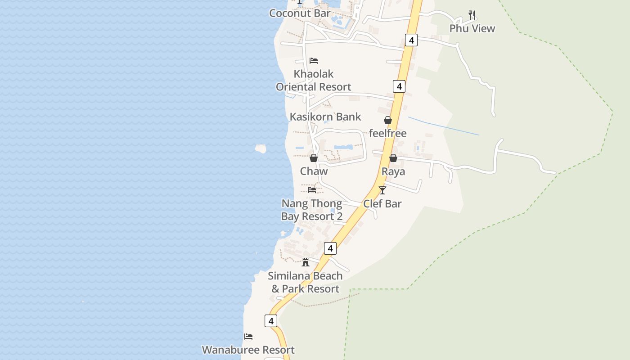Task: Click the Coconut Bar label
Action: tap(300, 13)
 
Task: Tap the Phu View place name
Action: tap(472, 28)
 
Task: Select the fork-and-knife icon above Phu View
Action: tap(472, 15)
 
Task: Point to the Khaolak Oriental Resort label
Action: tap(314, 80)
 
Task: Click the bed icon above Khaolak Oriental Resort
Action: tap(314, 61)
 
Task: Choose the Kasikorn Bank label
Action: tap(325, 117)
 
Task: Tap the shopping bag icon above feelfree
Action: tap(388, 120)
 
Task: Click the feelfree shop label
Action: tap(388, 133)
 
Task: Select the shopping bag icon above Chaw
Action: tap(314, 158)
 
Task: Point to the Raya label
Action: tap(393, 171)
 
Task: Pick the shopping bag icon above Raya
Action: tap(393, 158)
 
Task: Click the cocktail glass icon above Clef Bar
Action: tap(382, 190)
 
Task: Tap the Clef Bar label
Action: tap(382, 203)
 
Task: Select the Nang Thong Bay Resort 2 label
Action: tap(312, 210)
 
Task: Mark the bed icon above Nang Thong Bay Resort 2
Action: tap(312, 190)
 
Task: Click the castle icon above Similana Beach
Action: tap(306, 262)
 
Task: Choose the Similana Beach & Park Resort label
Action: tap(306, 282)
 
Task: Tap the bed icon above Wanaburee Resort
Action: tap(248, 336)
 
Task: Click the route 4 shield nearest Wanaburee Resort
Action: tap(270, 321)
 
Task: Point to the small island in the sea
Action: tap(261, 148)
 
